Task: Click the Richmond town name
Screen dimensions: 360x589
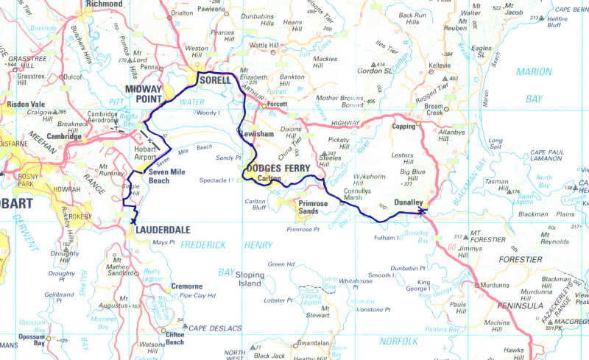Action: click(x=104, y=4)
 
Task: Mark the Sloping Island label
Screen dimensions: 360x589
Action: click(x=249, y=278)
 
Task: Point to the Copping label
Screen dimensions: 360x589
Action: click(x=403, y=127)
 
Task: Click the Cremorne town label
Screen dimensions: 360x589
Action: click(x=186, y=286)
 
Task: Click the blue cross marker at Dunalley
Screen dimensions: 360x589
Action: click(x=421, y=211)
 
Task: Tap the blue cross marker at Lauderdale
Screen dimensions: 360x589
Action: click(x=133, y=220)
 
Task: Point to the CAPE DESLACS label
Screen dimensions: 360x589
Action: click(x=216, y=328)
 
